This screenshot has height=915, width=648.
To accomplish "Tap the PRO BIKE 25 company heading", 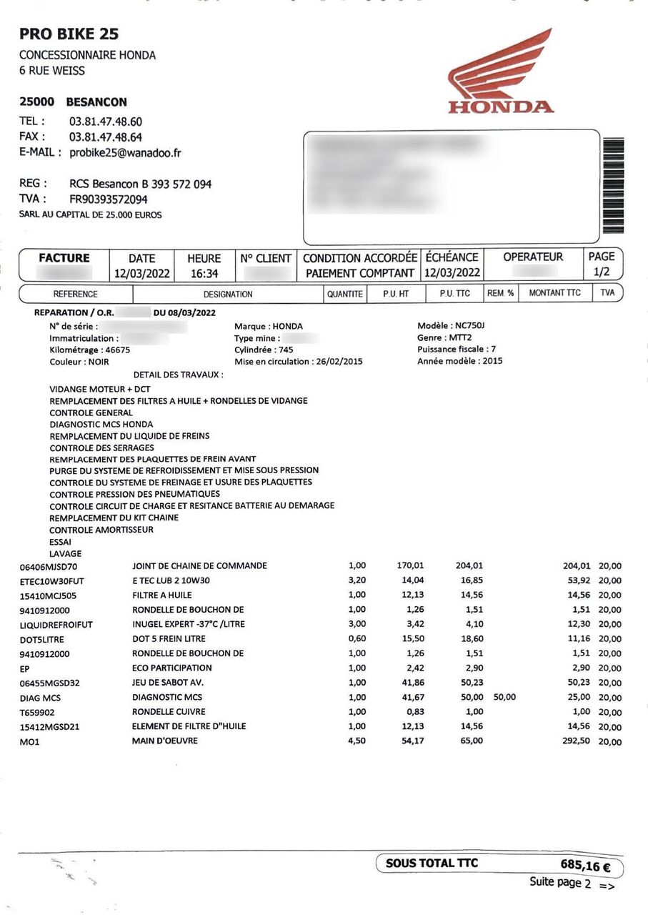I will (x=69, y=34).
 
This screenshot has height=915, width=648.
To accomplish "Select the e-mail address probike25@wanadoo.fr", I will (x=125, y=152).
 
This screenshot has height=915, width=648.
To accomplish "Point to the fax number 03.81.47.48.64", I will (x=105, y=137).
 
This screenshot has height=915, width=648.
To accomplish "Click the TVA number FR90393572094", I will (x=108, y=199).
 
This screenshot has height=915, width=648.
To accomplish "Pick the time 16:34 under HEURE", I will (x=204, y=273).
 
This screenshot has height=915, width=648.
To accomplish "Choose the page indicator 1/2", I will (x=602, y=272).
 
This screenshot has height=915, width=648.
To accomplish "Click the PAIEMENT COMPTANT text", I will (x=360, y=273).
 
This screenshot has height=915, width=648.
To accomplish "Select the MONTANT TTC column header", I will (x=554, y=293).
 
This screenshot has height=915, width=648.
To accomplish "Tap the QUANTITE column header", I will (x=345, y=294).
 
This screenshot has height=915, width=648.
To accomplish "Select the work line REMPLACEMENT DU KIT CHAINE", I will (x=114, y=518).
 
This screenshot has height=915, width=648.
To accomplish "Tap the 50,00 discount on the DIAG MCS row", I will (x=504, y=697).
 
